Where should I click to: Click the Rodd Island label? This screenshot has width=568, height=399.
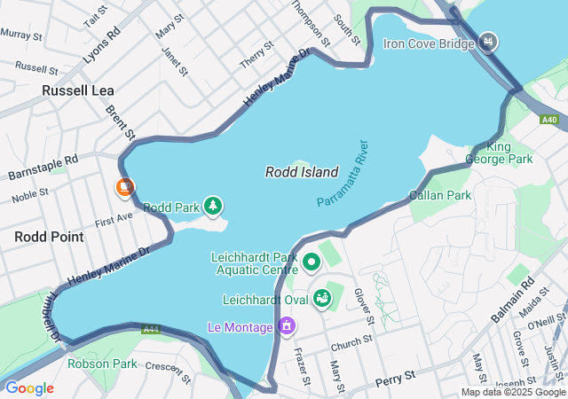302,172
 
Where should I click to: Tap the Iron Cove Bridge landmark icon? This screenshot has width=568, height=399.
488,42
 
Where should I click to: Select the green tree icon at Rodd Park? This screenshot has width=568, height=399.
213,207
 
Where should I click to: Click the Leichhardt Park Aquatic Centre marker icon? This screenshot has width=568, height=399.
312,262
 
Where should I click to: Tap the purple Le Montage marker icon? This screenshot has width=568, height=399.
286,327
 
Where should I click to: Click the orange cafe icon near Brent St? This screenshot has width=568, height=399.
125,187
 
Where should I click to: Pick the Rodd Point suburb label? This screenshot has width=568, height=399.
49,237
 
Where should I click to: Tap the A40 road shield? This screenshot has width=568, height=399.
549,120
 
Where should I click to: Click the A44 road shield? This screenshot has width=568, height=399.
151,329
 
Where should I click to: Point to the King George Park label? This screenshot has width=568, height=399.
509,153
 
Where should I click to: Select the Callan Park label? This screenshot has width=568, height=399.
439,195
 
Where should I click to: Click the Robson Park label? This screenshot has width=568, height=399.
102,364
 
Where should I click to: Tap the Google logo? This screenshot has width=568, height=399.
29,388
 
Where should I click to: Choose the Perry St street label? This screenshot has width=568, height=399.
395,378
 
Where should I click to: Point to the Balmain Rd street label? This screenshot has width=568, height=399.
515,301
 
